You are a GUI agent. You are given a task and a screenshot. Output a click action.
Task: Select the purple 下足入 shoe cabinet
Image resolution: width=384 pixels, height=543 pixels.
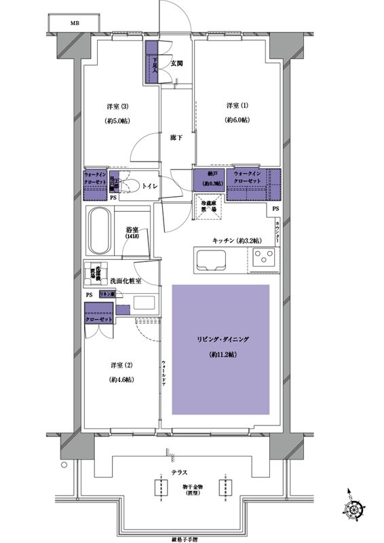[153, 62]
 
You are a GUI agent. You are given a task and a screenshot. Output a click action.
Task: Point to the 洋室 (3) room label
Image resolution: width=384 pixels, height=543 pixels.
[119, 106]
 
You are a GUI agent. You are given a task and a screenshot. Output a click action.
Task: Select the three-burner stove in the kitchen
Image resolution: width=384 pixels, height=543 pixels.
[264, 258]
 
